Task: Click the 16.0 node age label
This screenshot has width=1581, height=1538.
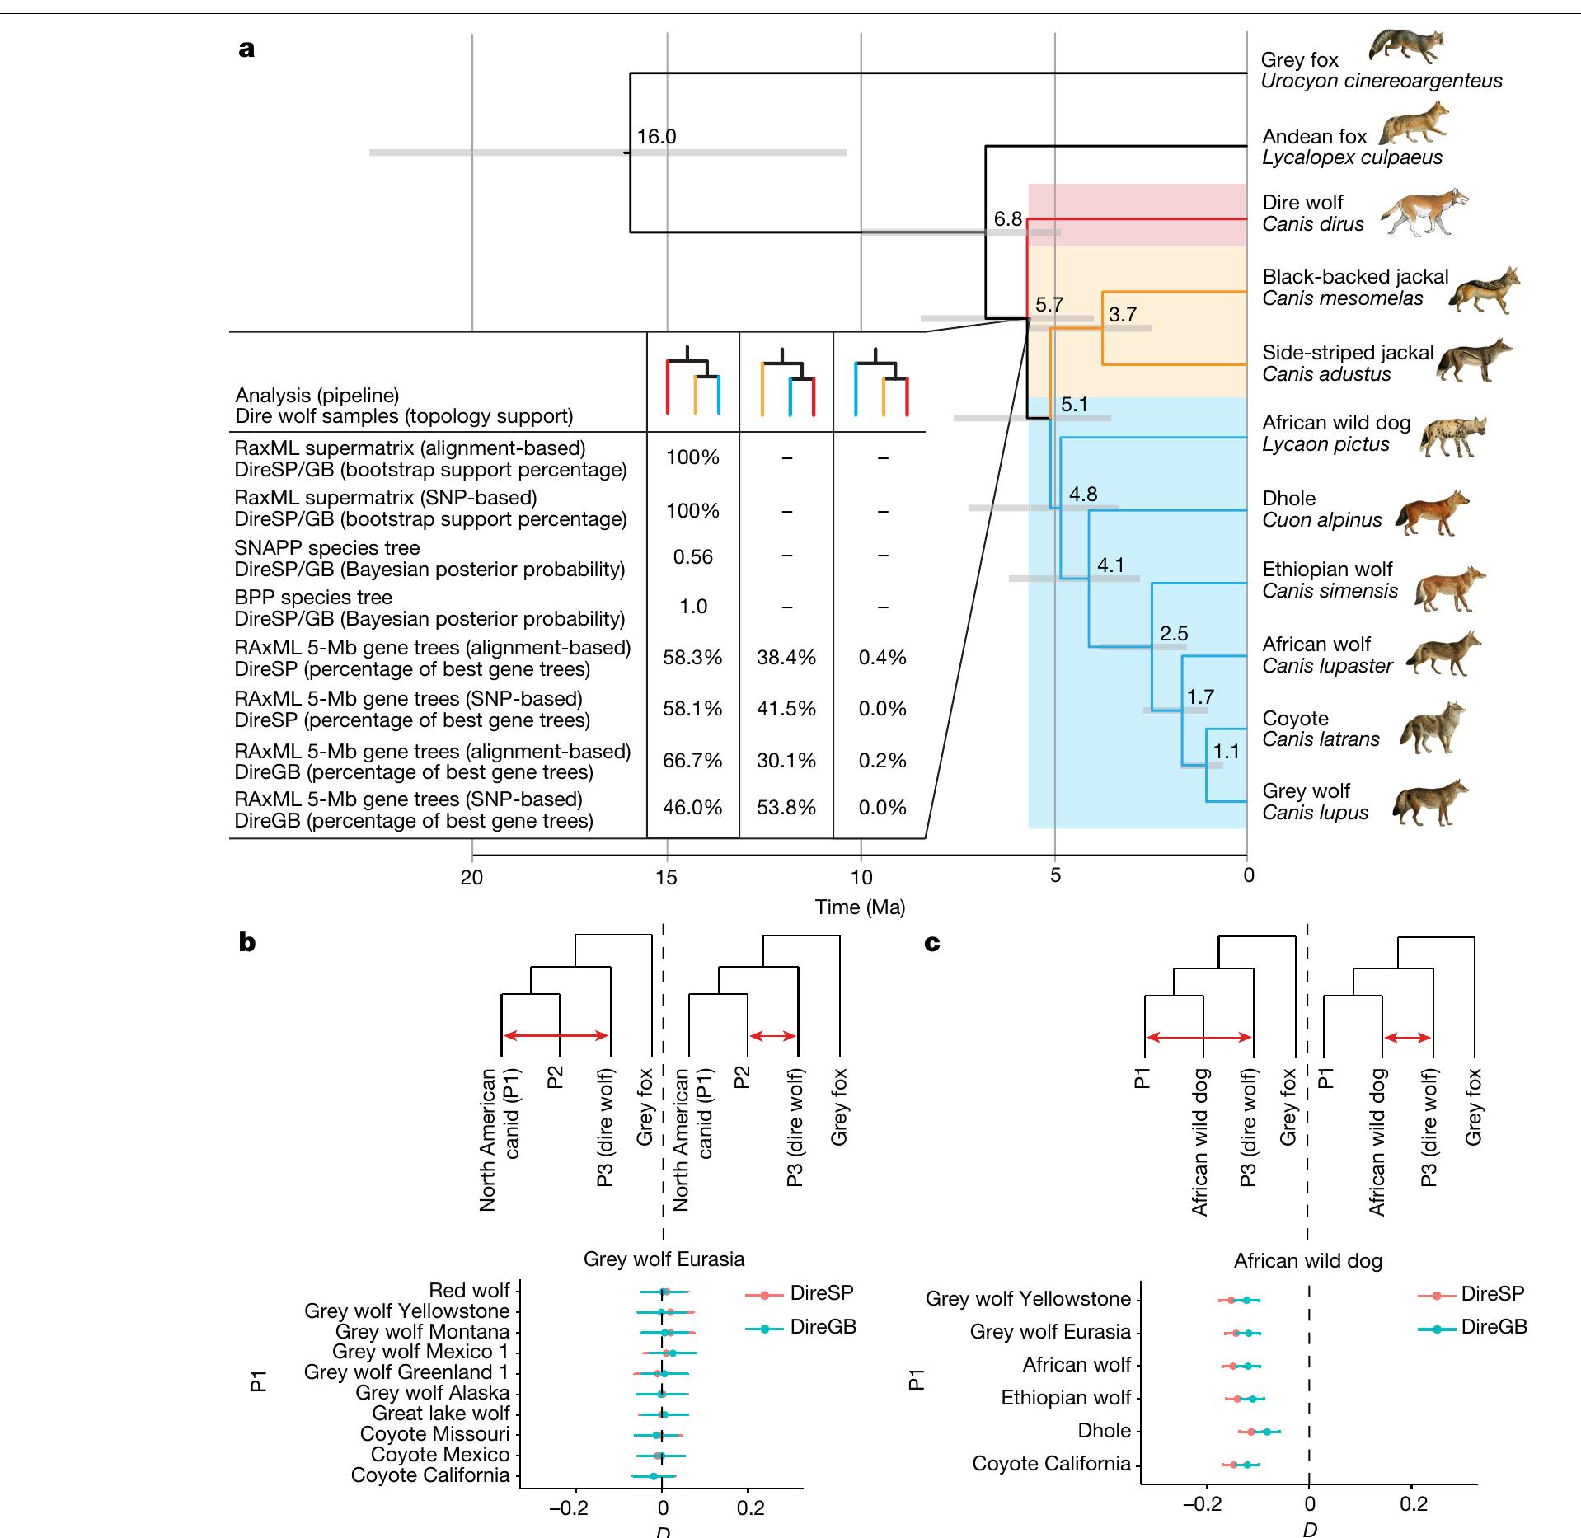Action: pos(656,137)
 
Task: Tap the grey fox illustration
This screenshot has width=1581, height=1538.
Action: pos(1406,47)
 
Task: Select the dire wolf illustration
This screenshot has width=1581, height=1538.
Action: pos(1424,212)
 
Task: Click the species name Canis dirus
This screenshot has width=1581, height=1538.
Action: pos(1313,224)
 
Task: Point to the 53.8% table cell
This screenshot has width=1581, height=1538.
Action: pos(786,808)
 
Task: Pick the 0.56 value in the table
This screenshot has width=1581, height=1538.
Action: pos(692,557)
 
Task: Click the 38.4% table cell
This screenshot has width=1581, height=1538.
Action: pos(786,658)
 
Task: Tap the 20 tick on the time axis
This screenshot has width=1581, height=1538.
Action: pos(472,876)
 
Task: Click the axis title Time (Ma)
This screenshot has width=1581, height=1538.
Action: pos(860,907)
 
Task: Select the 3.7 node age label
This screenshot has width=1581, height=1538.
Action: pos(1123,314)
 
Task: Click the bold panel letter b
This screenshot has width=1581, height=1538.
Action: pos(246,942)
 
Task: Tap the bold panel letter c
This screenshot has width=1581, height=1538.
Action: pos(932,943)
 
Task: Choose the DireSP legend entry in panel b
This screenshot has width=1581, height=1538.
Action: pos(821,1293)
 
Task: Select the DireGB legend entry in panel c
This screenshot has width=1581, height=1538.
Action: pos(1493,1327)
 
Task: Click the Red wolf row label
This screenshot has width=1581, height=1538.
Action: pos(469,1291)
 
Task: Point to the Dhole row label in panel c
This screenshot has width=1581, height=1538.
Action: pos(1104,1431)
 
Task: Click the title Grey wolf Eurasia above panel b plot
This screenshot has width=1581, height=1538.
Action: pos(664,1259)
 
